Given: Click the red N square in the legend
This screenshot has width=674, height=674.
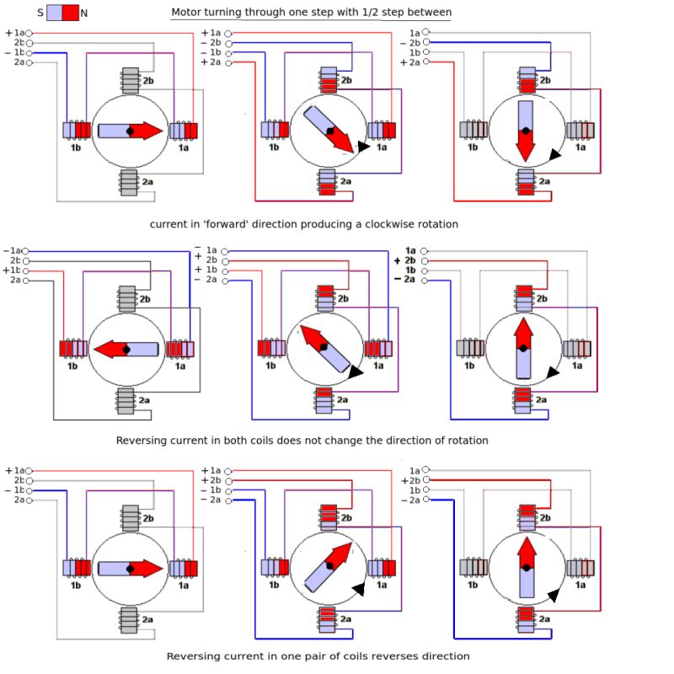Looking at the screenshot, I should click(71, 13).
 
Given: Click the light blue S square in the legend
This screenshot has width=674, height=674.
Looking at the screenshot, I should click(54, 13).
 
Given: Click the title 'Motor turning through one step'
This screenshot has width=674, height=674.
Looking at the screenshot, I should click(311, 13).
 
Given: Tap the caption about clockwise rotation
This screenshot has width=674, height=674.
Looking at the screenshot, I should click(304, 224).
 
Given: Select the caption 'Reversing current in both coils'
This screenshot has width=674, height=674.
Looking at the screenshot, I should click(302, 440).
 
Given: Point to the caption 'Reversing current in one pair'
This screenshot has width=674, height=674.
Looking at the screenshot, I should click(318, 655).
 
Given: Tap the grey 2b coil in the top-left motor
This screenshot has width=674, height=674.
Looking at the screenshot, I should click(130, 80).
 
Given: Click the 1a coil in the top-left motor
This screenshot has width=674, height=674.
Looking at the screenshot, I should click(184, 131).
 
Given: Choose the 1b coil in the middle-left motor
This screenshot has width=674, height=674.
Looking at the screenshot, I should click(73, 348).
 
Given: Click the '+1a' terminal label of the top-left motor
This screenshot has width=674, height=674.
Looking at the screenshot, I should click(15, 33).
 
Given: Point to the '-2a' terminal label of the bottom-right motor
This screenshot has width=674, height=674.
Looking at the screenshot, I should click(410, 500).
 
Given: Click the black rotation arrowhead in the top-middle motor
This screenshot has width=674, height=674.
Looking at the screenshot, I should click(362, 147).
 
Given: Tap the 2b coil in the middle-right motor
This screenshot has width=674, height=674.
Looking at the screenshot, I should click(523, 297).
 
